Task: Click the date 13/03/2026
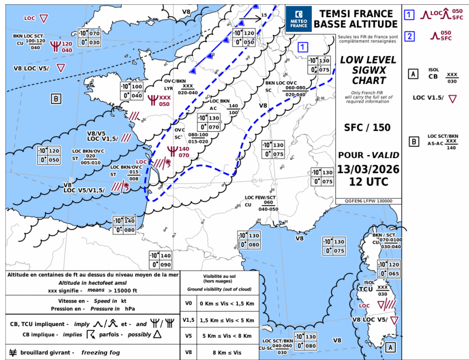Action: (368, 170)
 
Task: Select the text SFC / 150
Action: (368, 128)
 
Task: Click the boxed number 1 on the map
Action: (303, 46)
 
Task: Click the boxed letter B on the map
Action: (56, 98)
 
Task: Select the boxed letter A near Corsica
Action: (390, 347)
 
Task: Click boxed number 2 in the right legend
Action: (410, 37)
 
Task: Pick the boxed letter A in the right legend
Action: (413, 74)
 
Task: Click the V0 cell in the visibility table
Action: (188, 303)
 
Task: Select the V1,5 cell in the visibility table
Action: (188, 320)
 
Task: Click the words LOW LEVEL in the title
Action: (368, 60)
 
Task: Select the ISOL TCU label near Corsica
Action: (368, 286)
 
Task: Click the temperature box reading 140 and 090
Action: (160, 260)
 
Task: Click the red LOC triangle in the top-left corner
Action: (44, 18)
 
